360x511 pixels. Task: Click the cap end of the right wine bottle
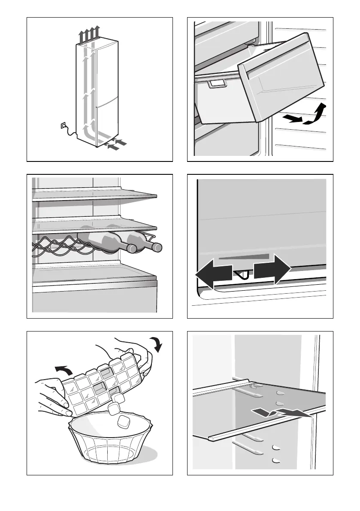click(x=157, y=247)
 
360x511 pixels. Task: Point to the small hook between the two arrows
click(x=242, y=275)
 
